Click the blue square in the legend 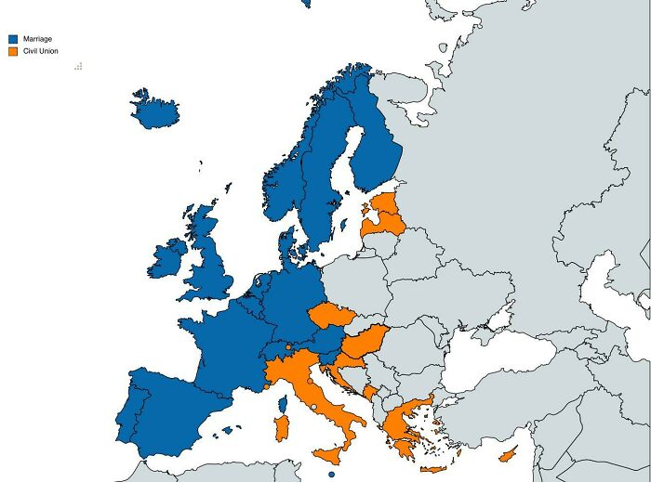pyautogui.click(x=13, y=39)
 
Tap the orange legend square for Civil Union pyautogui.click(x=13, y=51)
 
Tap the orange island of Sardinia pyautogui.click(x=281, y=427)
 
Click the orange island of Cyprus pyautogui.click(x=508, y=454)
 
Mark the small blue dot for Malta pyautogui.click(x=331, y=475)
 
